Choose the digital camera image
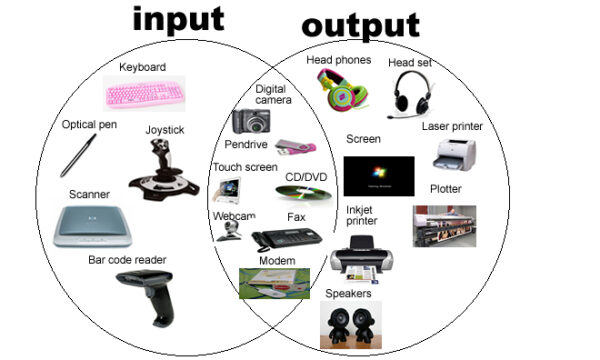(x=252, y=121)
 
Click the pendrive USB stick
(x=297, y=148)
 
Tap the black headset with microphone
(x=413, y=93)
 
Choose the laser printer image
(x=454, y=154)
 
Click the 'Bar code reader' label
(x=131, y=259)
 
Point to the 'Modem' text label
(x=275, y=261)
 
